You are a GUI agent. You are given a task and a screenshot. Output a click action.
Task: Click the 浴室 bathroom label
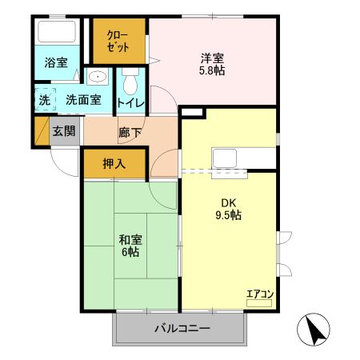tap(55, 62)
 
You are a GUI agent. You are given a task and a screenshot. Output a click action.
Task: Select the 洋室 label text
tap(213, 57)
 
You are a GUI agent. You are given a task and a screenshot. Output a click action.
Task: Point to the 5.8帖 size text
tap(213, 72)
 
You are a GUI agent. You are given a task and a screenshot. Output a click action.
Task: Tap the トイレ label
tap(130, 102)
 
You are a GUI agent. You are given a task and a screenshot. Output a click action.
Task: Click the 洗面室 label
tap(83, 101)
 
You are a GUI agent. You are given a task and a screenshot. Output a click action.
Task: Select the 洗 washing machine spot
tap(45, 101)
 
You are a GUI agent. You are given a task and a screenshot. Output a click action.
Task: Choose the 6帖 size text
tap(130, 252)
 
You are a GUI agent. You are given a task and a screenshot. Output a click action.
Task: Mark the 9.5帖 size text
tap(229, 215)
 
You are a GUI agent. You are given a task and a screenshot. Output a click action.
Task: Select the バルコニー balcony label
tap(181, 329)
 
